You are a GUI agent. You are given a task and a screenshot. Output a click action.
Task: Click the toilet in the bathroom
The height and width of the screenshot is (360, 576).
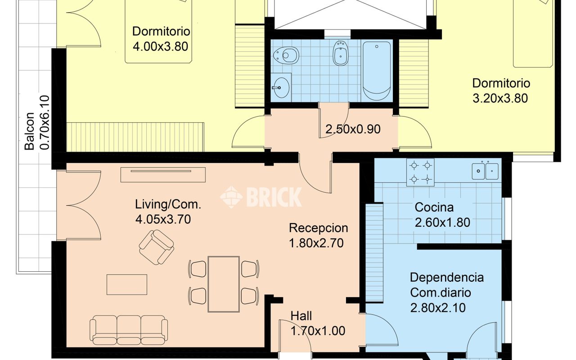287,55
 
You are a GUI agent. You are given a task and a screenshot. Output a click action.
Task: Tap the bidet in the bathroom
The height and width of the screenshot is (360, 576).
340,54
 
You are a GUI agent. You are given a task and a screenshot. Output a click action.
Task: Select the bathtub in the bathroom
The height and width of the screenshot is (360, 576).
377,71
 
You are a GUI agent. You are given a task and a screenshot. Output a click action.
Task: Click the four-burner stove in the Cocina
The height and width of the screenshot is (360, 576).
420,172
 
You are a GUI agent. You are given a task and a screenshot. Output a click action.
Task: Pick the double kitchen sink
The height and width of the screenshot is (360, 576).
485,171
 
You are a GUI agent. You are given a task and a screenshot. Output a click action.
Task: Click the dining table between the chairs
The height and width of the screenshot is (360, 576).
224,283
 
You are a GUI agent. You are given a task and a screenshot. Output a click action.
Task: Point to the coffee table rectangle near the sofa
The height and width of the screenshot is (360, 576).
127,284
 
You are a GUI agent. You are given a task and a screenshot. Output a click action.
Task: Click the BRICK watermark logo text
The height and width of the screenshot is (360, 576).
261,197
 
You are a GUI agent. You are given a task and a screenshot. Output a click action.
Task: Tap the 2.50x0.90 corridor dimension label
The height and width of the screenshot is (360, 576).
353,129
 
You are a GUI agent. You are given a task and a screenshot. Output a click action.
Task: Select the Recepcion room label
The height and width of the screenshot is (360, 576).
318,235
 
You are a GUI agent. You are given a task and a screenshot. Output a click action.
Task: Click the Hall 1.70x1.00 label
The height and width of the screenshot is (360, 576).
318,324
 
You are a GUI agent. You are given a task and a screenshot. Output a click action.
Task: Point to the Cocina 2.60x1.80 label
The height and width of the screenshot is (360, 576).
442,215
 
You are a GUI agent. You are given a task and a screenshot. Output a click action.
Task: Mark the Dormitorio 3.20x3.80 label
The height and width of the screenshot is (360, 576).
500,90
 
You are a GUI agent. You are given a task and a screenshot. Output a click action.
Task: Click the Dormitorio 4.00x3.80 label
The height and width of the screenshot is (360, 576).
161,39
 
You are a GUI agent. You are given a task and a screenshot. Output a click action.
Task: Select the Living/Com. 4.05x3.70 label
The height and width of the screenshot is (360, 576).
168,211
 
